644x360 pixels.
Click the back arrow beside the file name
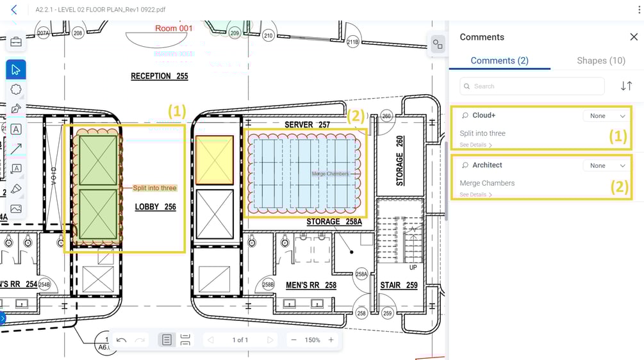pyautogui.click(x=14, y=10)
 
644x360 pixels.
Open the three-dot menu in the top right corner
pyautogui.click(x=639, y=10)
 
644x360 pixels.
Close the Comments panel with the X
pyautogui.click(x=633, y=37)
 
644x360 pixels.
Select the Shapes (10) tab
pyautogui.click(x=600, y=60)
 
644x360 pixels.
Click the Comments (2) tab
pyautogui.click(x=499, y=60)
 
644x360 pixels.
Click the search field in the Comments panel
pyautogui.click(x=532, y=86)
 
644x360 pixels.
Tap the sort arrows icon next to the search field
pyautogui.click(x=626, y=86)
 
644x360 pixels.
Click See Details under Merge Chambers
pyautogui.click(x=475, y=195)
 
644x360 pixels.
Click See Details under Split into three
pyautogui.click(x=475, y=145)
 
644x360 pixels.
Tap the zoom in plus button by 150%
pyautogui.click(x=331, y=340)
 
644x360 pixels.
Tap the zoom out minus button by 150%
pyautogui.click(x=293, y=340)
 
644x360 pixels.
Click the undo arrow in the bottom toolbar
pyautogui.click(x=122, y=340)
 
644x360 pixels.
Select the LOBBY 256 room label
pyautogui.click(x=155, y=207)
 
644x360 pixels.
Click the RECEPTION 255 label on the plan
pyautogui.click(x=160, y=76)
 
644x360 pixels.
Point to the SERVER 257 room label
pyautogui.click(x=307, y=124)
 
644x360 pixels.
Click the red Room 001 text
pyautogui.click(x=174, y=28)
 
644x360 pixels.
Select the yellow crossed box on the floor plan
pyautogui.click(x=214, y=160)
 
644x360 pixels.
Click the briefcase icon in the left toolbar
pyautogui.click(x=16, y=42)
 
